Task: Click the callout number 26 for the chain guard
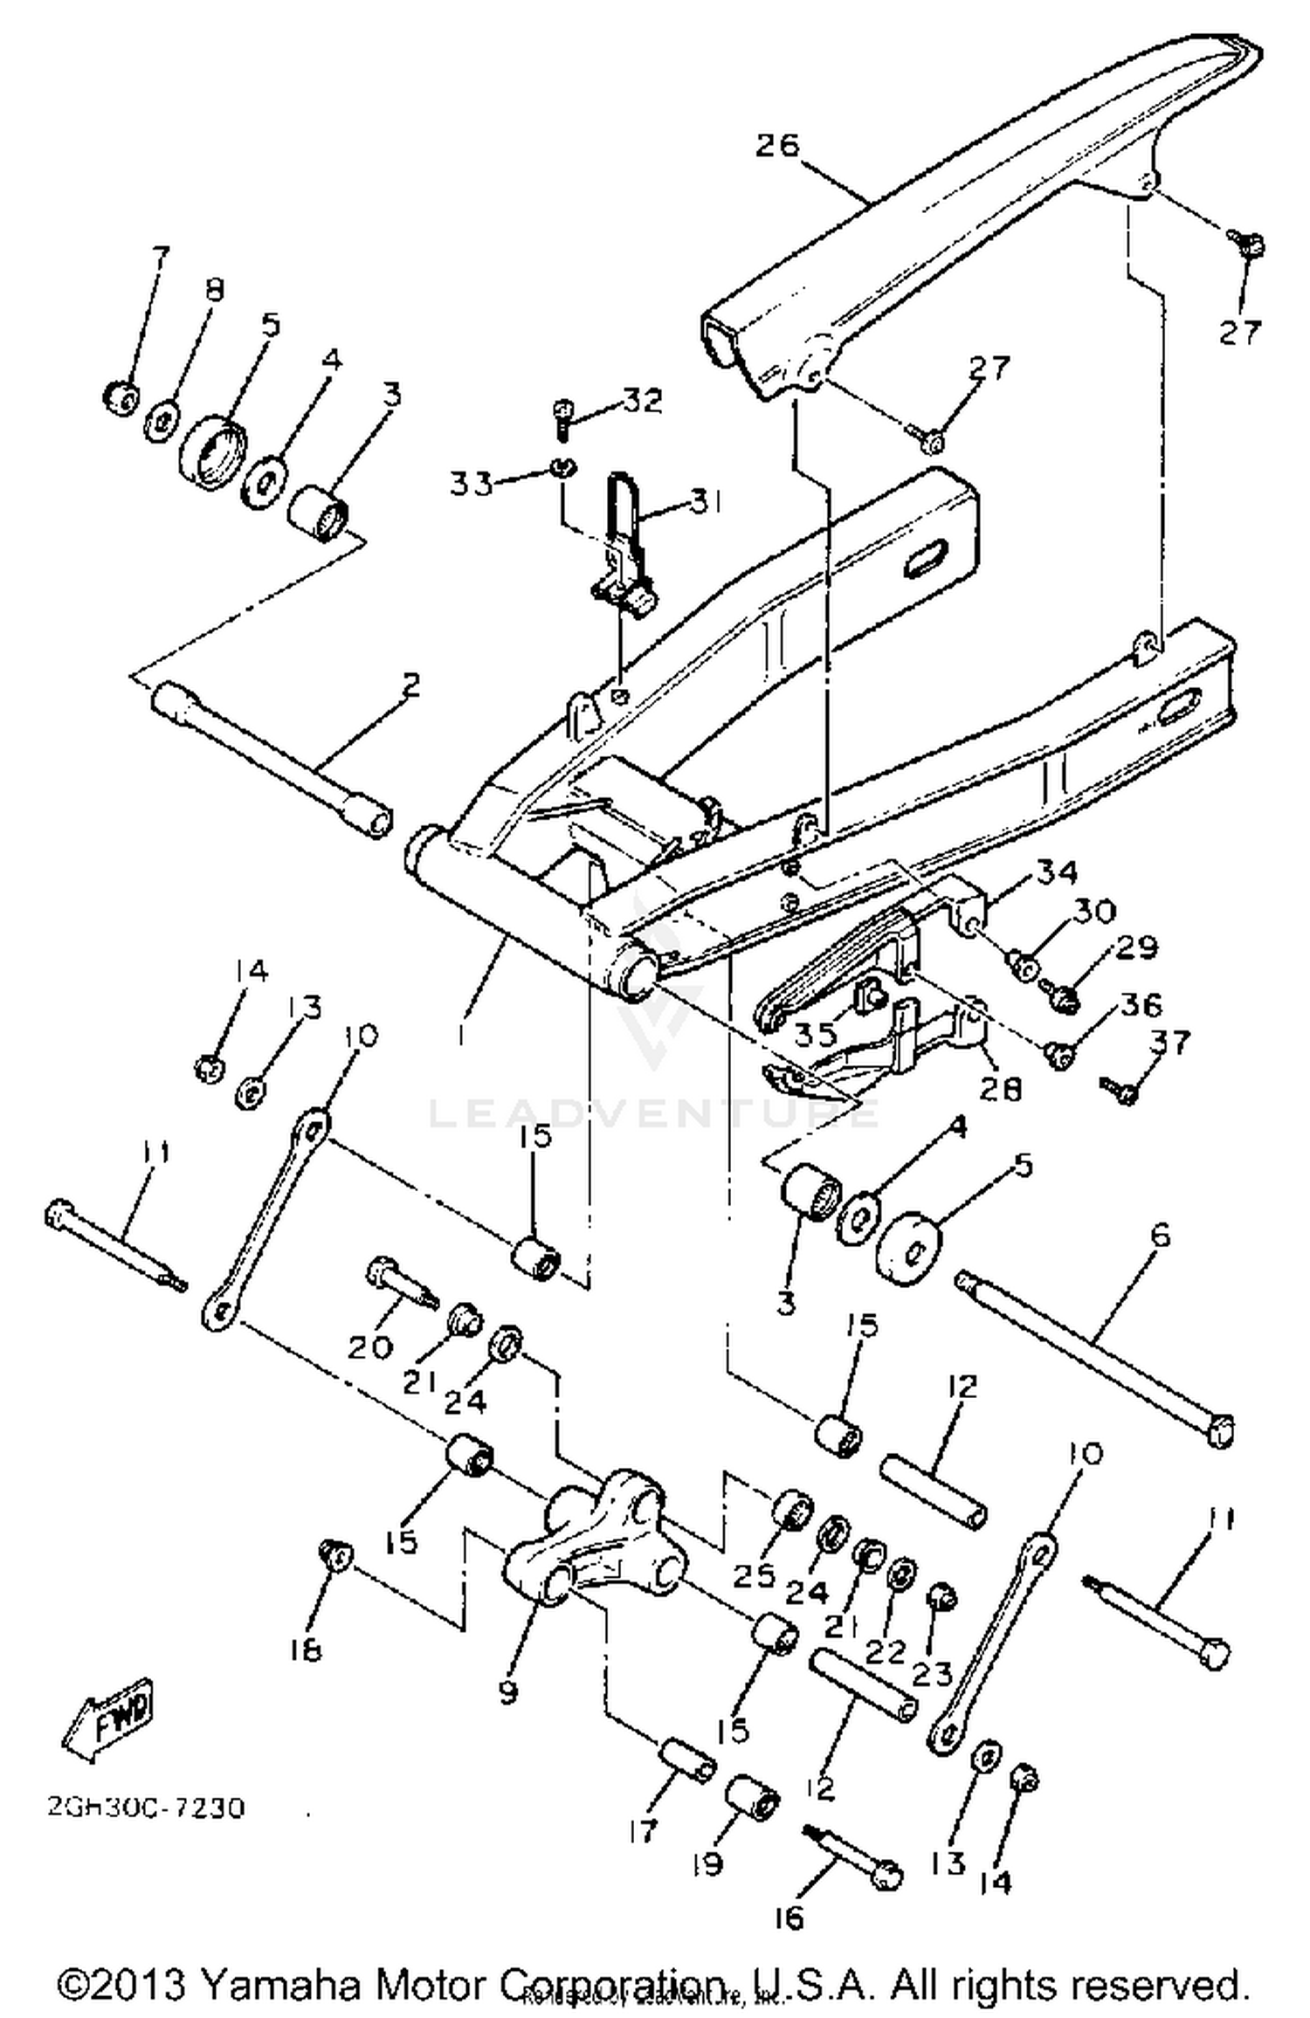(778, 145)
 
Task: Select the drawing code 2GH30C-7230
(146, 1806)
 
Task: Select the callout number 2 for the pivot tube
(410, 684)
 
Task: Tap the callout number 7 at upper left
(161, 258)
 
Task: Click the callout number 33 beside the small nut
(472, 483)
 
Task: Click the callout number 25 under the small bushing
(754, 1574)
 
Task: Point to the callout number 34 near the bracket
(1058, 871)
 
